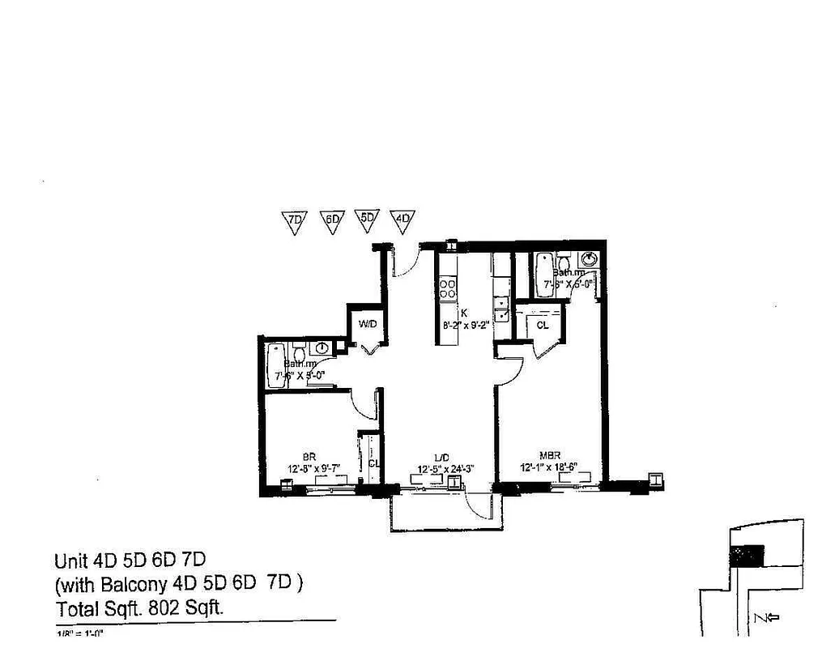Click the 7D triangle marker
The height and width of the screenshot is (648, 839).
coord(296,220)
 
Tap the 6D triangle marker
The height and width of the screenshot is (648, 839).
coord(332,220)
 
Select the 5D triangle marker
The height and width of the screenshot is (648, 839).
coord(368,219)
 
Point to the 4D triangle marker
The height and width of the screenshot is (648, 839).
coord(403,219)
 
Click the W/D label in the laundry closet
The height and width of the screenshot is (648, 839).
coord(368,325)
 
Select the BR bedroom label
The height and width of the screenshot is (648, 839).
coord(309,456)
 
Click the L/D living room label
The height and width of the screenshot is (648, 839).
coord(441,458)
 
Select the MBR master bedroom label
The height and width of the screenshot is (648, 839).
coord(551,456)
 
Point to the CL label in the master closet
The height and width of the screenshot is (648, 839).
coord(543,325)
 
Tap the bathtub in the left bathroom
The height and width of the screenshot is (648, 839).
coord(274,367)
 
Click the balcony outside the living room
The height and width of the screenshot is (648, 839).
coord(446,513)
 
